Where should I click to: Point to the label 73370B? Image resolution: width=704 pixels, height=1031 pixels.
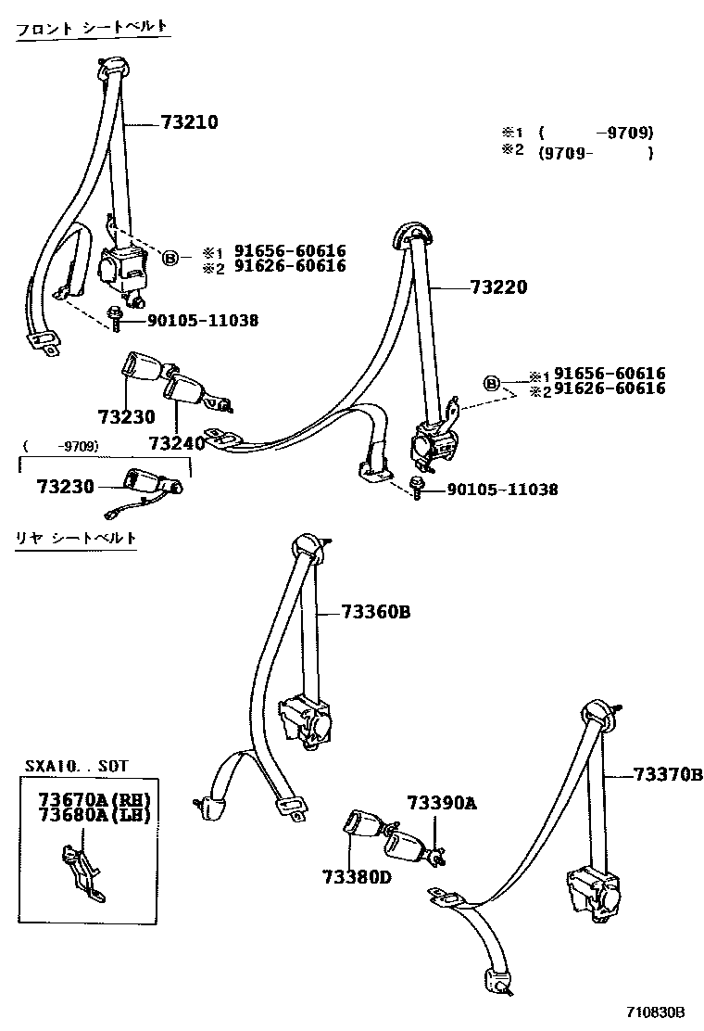click(668, 775)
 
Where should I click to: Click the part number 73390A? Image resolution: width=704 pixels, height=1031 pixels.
click(441, 803)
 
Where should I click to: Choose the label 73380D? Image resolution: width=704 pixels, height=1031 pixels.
click(358, 876)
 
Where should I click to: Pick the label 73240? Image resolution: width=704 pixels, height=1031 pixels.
click(175, 444)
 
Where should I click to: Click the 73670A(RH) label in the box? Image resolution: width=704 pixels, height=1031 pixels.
click(94, 800)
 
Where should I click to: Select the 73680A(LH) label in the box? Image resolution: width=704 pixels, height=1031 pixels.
click(94, 815)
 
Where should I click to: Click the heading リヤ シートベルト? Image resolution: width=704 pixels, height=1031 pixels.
click(76, 538)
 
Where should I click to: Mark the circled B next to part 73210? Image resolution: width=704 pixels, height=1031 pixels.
click(170, 258)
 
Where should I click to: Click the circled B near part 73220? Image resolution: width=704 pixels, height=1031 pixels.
click(492, 383)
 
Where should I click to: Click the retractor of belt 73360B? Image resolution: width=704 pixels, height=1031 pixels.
click(308, 719)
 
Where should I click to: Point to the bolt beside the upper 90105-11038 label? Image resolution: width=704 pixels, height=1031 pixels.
click(117, 318)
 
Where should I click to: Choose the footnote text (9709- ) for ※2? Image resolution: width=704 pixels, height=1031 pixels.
click(597, 154)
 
